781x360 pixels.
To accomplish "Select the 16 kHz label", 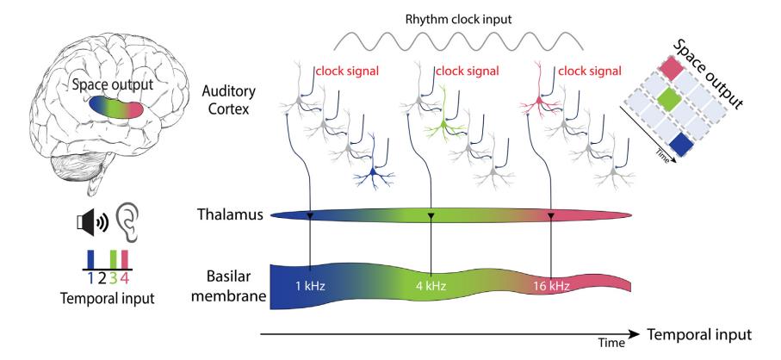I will pyautogui.click(x=551, y=286).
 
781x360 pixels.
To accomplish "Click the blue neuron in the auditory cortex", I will pyautogui.click(x=373, y=176).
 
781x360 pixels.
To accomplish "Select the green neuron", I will pyautogui.click(x=441, y=126).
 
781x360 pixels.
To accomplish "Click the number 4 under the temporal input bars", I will pyautogui.click(x=126, y=278).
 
